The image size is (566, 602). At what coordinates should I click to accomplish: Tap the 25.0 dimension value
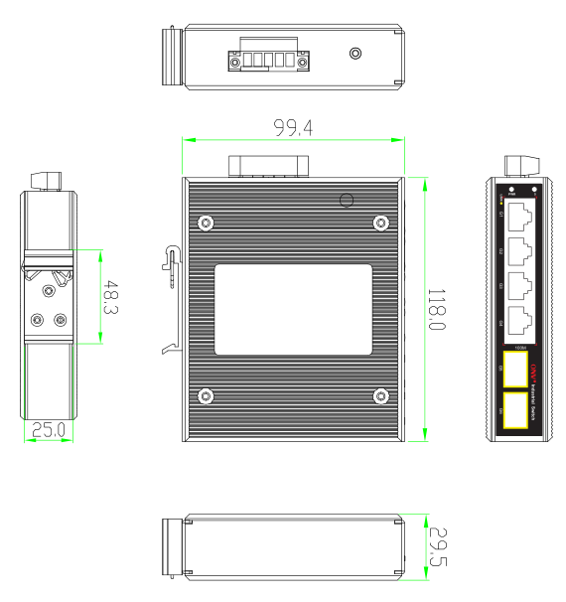(47, 429)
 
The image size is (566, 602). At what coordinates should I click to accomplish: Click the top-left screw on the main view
(205, 223)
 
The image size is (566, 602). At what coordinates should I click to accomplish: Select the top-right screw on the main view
(379, 223)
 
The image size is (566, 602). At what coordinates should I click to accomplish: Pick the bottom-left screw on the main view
(205, 397)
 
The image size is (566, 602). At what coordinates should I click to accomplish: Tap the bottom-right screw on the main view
(379, 397)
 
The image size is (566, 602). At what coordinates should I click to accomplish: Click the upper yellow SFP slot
(515, 368)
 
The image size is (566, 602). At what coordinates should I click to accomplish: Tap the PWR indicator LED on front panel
(510, 190)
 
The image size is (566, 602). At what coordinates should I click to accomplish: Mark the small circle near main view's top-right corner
(347, 200)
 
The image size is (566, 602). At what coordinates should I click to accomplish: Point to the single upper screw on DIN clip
(48, 291)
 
